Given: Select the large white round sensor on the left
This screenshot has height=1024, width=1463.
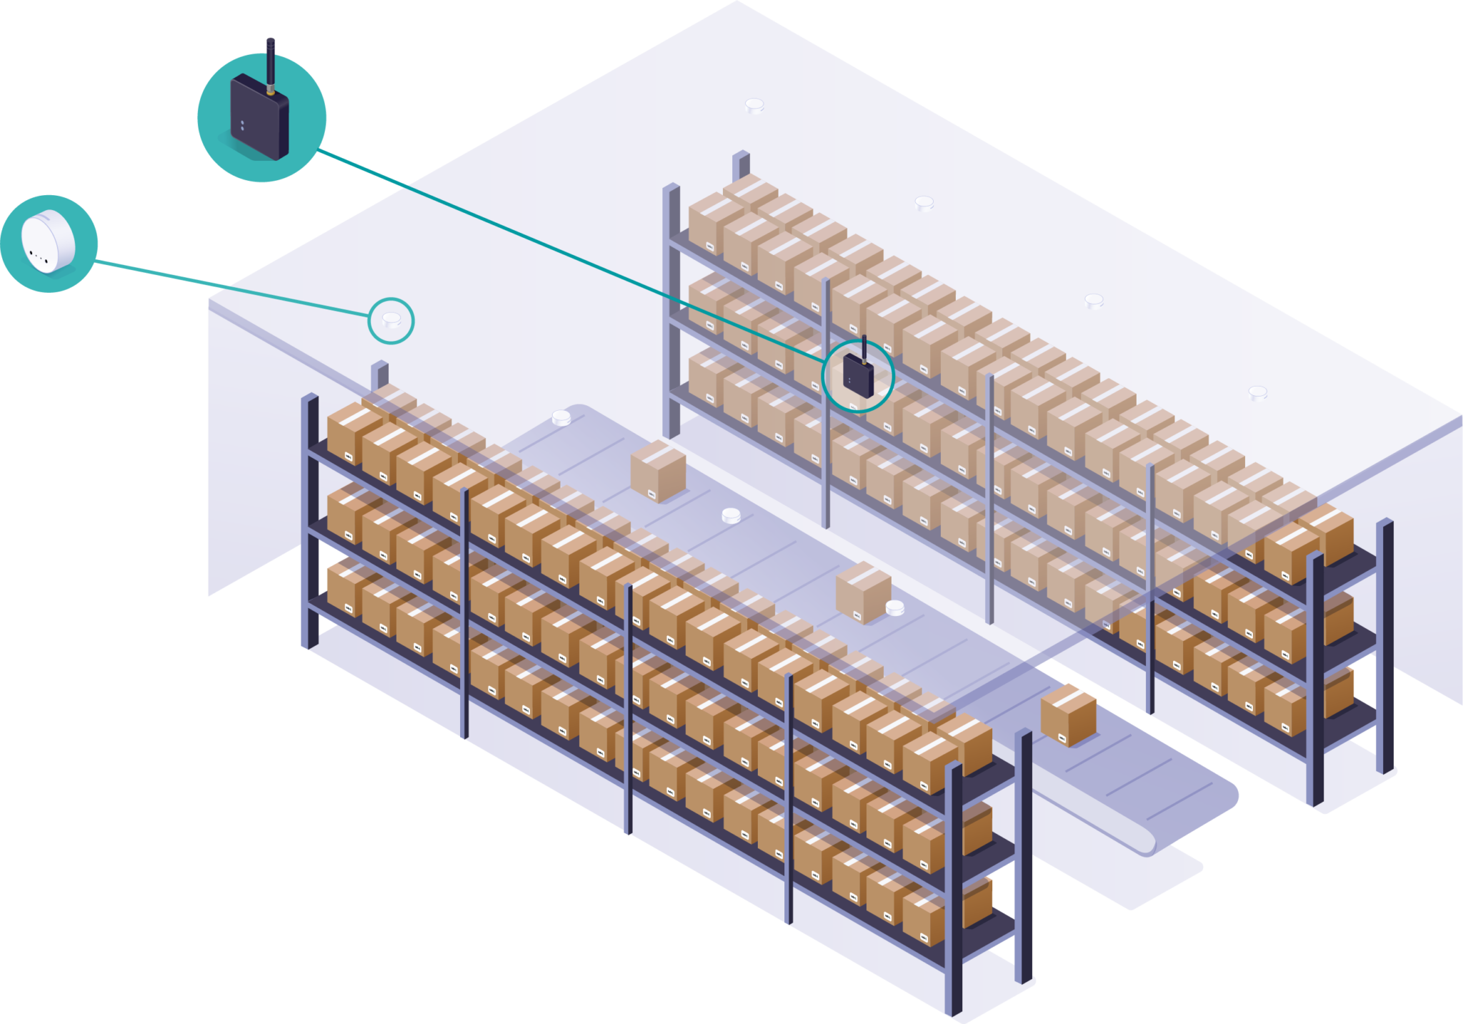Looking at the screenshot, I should tap(48, 242).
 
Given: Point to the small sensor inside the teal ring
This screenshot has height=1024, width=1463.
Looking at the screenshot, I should tap(391, 320).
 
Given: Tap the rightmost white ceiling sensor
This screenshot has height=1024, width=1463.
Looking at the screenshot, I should tap(1257, 393).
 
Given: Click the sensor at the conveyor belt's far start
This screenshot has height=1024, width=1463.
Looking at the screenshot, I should tap(561, 418).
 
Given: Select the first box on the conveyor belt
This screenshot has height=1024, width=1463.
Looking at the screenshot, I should tap(658, 470).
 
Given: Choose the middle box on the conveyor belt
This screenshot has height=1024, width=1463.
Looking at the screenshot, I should tap(863, 592).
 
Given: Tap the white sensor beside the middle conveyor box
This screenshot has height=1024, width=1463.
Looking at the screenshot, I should tap(894, 608).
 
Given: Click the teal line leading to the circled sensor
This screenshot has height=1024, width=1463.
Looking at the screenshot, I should tap(300, 302).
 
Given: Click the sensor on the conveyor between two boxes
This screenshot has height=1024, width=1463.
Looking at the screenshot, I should tap(731, 515).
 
